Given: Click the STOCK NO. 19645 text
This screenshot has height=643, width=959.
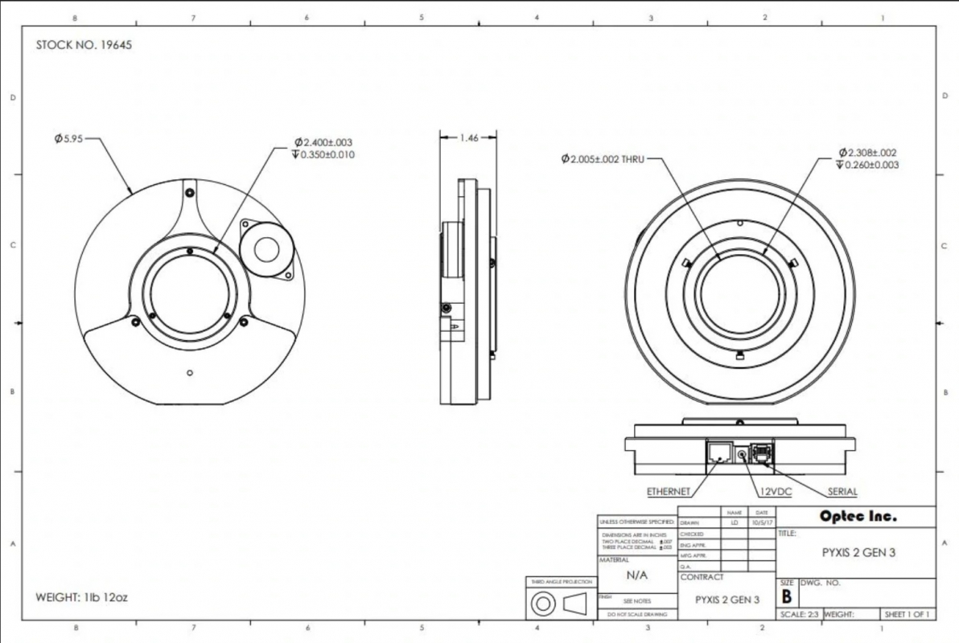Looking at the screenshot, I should (x=84, y=45).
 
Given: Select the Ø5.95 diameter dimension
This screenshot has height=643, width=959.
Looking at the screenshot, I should (x=68, y=138).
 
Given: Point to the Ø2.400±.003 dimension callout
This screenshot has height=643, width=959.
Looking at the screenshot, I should (x=325, y=143).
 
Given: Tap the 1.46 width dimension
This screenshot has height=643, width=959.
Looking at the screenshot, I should (x=467, y=138).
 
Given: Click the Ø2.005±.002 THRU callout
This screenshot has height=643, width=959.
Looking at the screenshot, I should (x=603, y=158).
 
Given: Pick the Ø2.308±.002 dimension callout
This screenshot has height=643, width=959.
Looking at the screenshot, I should (x=867, y=153).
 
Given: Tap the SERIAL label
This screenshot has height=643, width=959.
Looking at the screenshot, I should (x=842, y=491).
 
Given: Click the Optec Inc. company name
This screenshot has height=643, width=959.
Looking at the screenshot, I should (x=857, y=517).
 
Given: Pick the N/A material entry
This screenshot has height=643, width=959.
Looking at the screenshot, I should (x=637, y=575).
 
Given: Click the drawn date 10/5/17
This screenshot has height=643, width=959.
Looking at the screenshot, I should (x=760, y=522).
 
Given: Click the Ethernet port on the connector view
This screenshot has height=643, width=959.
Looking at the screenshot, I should (x=718, y=455).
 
